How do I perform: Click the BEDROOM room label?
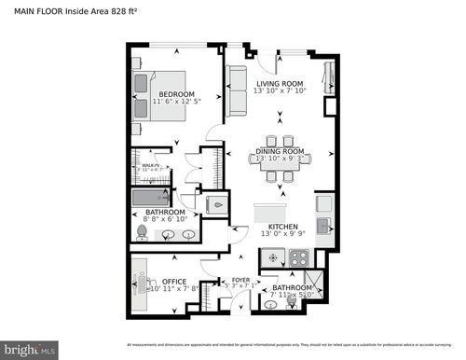[175, 94]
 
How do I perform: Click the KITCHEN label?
[283, 227]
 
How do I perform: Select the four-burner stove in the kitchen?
[299, 258]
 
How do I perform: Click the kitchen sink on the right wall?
[323, 224]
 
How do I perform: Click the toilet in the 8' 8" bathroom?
[142, 231]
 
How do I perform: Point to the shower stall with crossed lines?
[314, 281]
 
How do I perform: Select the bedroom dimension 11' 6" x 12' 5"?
[175, 103]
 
